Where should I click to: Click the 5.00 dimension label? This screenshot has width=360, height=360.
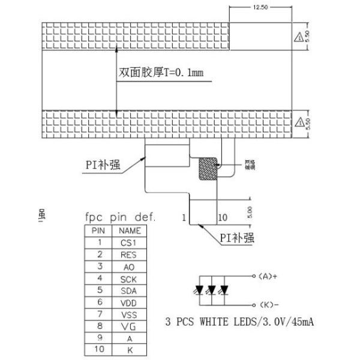click(248, 212)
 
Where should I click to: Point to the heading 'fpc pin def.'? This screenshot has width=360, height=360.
click(119, 217)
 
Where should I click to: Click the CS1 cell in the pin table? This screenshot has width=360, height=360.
click(130, 242)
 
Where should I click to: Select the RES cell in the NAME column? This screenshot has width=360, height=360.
click(130, 254)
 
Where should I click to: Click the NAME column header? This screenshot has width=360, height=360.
click(130, 230)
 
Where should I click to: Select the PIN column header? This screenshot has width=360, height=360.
click(98, 230)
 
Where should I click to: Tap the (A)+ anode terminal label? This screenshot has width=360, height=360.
click(270, 276)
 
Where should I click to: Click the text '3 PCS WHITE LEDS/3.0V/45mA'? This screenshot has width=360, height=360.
click(239, 322)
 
